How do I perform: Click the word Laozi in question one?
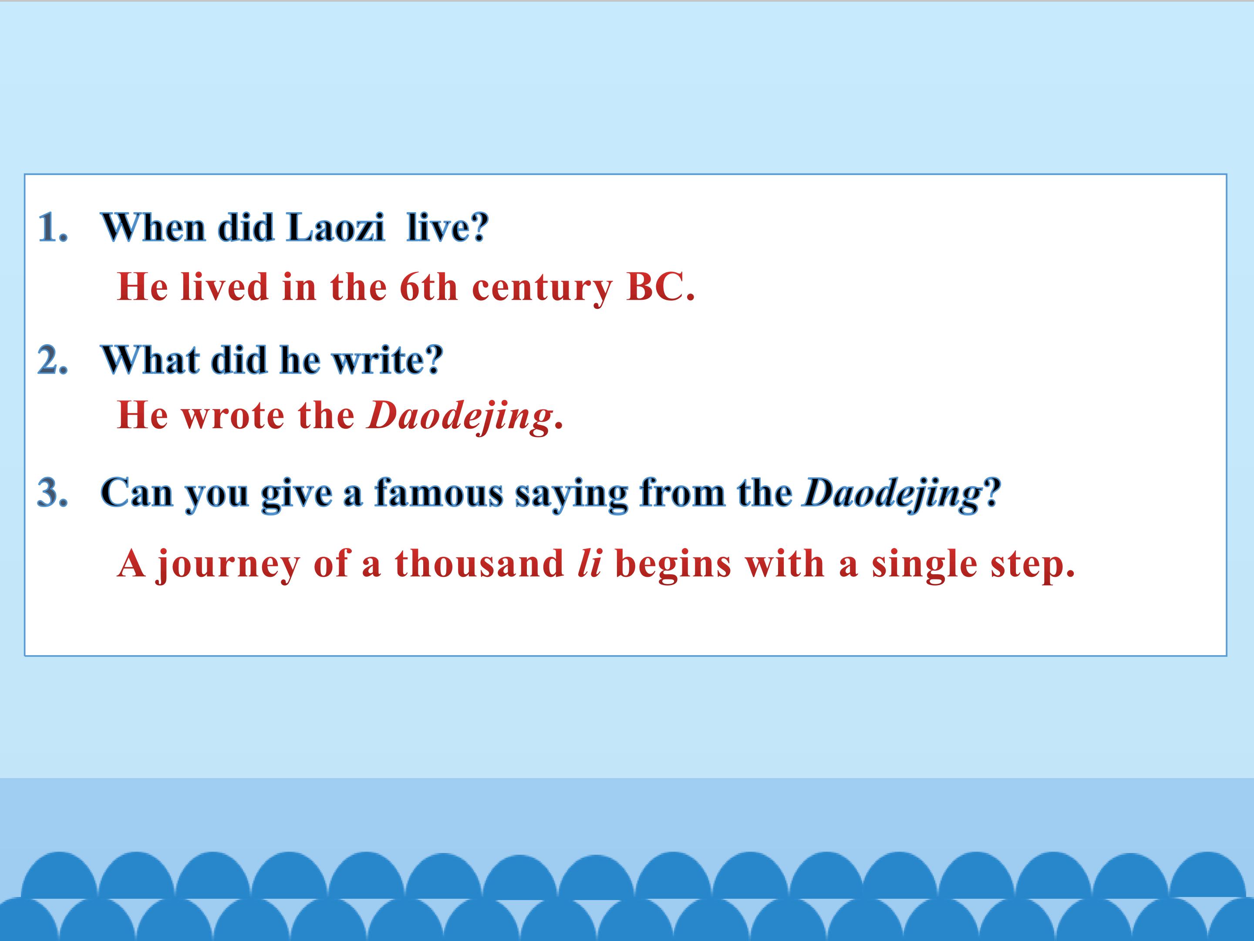click(x=336, y=227)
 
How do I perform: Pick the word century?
click(x=542, y=289)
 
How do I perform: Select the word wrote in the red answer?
click(x=233, y=417)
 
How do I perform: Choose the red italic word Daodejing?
click(x=460, y=417)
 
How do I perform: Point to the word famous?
click(x=439, y=492)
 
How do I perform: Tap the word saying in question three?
click(x=571, y=494)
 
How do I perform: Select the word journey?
click(x=228, y=565)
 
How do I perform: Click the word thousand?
click(x=479, y=563)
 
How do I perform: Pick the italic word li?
click(x=589, y=563)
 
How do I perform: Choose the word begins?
click(x=673, y=565)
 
